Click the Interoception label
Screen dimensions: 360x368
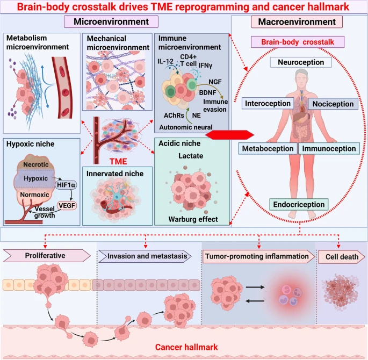(268, 103)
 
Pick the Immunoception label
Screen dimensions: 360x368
(328, 148)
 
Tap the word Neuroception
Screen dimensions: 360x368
(300, 63)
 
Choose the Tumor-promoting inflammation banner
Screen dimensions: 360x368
(258, 256)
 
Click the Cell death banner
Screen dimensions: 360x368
(341, 256)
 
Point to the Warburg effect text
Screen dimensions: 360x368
(191, 219)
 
